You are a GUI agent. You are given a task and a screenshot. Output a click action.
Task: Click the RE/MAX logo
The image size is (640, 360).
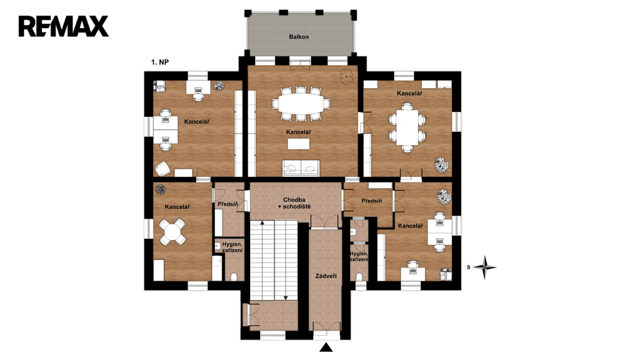[x=63, y=26]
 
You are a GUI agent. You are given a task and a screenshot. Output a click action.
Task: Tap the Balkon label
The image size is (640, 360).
[x=299, y=37]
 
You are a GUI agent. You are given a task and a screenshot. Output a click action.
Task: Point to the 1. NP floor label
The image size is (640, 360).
[x=160, y=62]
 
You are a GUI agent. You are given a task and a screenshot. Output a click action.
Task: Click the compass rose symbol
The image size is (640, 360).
[x=485, y=267]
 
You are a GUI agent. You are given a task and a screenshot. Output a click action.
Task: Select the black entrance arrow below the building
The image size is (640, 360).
[x=326, y=347]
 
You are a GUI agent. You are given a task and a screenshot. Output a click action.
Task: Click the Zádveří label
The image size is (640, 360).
[x=326, y=276]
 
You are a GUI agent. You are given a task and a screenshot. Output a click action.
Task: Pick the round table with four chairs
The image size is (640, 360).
[x=172, y=232]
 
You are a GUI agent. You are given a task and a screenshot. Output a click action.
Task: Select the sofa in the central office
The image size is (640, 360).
[x=301, y=167]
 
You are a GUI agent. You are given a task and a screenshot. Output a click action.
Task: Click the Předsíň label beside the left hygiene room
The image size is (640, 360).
[x=227, y=204]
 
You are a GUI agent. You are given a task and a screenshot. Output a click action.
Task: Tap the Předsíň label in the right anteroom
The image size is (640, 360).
[x=372, y=201]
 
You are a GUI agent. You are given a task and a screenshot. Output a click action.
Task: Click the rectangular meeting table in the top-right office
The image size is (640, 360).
[x=407, y=127]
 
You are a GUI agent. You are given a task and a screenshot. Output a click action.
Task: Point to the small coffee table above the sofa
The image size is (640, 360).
[x=298, y=144]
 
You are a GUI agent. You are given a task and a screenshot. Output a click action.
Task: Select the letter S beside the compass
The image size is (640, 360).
[x=469, y=267]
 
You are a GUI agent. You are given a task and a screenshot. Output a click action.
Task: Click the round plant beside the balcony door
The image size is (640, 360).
[x=346, y=76]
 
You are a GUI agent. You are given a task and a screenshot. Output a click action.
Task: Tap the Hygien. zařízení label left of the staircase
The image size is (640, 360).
[x=232, y=247]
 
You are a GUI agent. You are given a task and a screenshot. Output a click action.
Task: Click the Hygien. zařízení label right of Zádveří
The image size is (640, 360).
[x=359, y=256]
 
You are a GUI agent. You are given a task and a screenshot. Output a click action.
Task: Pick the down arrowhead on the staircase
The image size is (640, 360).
[x=286, y=297]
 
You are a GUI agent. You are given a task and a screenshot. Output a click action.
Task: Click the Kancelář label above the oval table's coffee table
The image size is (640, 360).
[x=298, y=132]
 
